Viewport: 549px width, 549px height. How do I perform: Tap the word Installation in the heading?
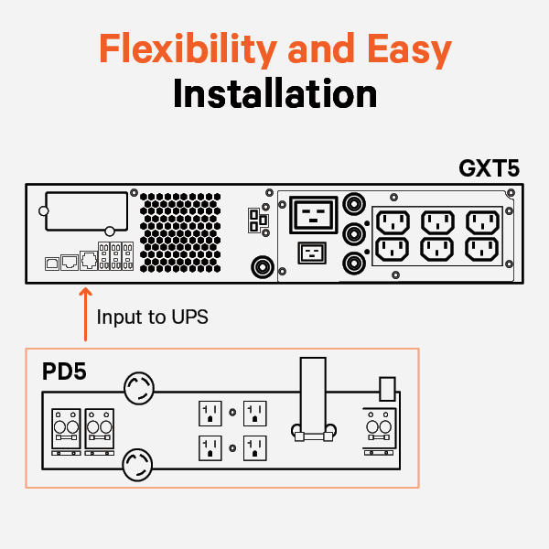tap(274, 94)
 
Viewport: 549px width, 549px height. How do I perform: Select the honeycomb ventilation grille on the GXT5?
tap(181, 231)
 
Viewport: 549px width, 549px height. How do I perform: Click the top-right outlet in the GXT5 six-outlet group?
tap(483, 221)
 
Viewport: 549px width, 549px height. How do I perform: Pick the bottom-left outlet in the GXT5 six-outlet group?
tap(393, 249)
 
